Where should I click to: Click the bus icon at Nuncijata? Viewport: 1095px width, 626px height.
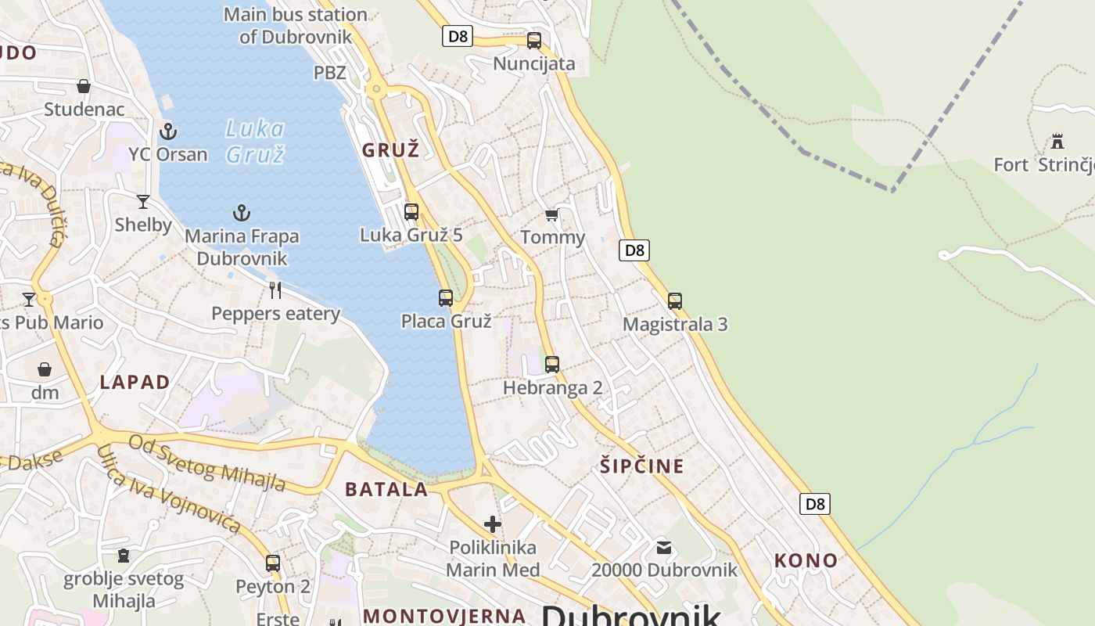pos(534,41)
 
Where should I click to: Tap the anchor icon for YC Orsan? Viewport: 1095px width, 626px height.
pos(167,131)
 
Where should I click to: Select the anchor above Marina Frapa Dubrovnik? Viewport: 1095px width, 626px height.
pos(242,212)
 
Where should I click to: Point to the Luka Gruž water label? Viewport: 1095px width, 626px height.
pos(255,141)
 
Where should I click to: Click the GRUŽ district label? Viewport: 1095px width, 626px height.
pos(391,150)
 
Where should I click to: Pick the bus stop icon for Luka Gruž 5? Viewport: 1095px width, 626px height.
pos(411,211)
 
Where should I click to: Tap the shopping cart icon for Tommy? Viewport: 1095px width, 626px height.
pos(552,214)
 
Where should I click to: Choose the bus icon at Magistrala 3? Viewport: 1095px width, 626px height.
pos(675,300)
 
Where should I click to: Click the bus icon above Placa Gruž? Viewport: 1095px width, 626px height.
pos(446,298)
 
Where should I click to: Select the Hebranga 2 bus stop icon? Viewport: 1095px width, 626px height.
pos(552,364)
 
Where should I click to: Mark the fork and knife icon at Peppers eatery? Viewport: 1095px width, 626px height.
pos(275,290)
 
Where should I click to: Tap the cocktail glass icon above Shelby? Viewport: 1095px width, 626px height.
pos(143,202)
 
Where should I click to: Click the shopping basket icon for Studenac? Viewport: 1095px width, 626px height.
pos(84,86)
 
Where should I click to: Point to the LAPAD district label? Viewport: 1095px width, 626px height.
pos(135,382)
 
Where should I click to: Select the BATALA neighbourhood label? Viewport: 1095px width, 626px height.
pos(386,490)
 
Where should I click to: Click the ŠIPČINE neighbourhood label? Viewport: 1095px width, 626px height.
pos(642,466)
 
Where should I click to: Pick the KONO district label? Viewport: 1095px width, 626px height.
pos(806,560)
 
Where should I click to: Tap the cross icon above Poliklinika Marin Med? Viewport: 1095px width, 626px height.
pos(493,523)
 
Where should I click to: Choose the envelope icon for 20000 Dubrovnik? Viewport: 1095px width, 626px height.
pos(664,547)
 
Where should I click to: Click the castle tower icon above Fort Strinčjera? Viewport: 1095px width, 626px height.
pos(1058,142)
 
